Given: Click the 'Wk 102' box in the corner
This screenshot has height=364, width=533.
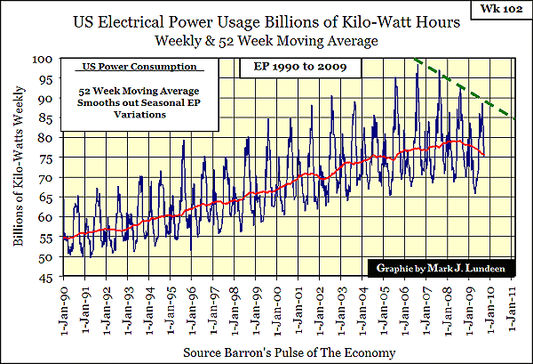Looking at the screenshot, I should (x=498, y=15).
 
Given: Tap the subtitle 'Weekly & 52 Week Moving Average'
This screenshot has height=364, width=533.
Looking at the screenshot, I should (x=266, y=41).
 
